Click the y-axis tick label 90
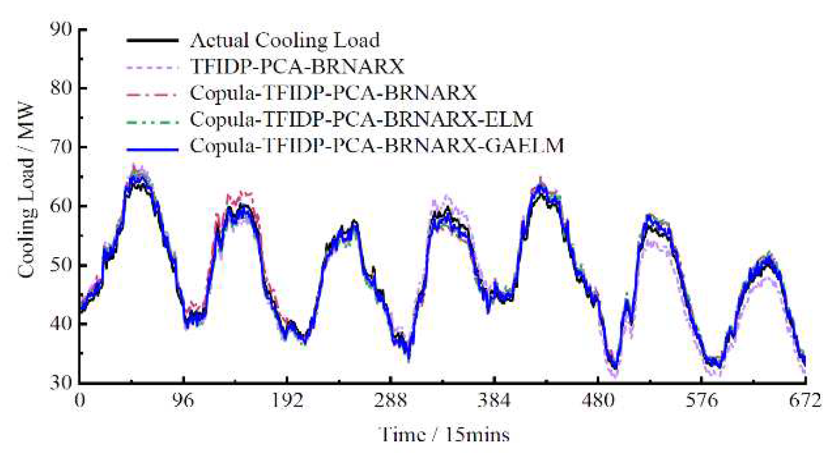tap(60, 29)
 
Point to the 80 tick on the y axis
tap(60, 88)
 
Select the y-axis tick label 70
tap(60, 147)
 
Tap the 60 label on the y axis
tap(60, 206)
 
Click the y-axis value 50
tap(60, 265)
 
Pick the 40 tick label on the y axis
tap(60, 324)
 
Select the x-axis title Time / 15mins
tap(444, 435)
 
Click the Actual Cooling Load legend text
tap(285, 40)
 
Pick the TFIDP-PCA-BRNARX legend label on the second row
tap(297, 66)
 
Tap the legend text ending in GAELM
tap(377, 146)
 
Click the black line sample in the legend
tap(152, 40)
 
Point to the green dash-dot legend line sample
tap(152, 122)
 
